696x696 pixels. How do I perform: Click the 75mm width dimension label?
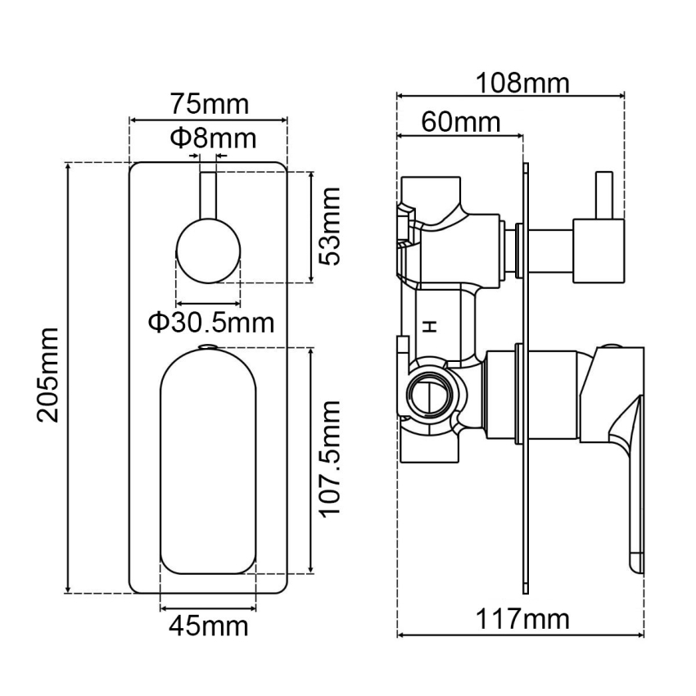[x=209, y=106]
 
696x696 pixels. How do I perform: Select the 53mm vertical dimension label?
[x=330, y=227]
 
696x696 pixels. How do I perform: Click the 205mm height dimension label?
[x=48, y=375]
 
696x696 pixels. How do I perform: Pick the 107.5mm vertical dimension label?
[x=330, y=459]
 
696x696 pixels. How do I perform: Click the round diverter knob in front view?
[x=209, y=251]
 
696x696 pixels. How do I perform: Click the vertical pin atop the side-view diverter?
[x=605, y=196]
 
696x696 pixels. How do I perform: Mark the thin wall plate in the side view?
[x=525, y=377]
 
